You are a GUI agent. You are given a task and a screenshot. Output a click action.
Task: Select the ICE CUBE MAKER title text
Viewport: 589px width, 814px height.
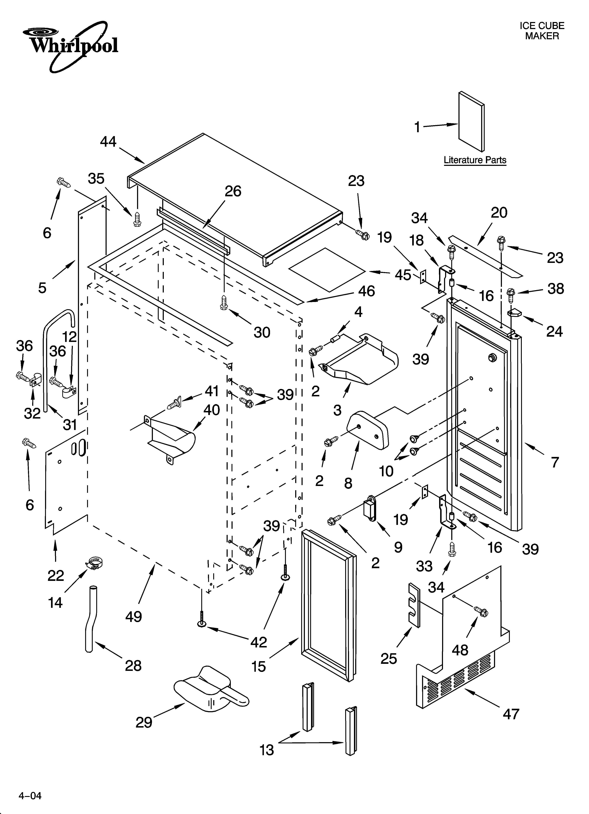tap(542, 31)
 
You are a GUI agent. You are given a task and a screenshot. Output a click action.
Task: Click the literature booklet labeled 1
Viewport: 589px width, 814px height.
tap(471, 121)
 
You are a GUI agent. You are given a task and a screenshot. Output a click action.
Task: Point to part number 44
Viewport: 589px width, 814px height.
tap(108, 142)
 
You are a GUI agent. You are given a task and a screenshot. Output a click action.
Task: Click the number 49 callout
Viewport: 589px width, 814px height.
tap(133, 617)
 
